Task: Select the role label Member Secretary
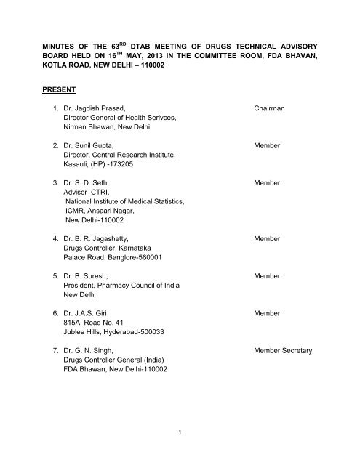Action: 283,351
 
